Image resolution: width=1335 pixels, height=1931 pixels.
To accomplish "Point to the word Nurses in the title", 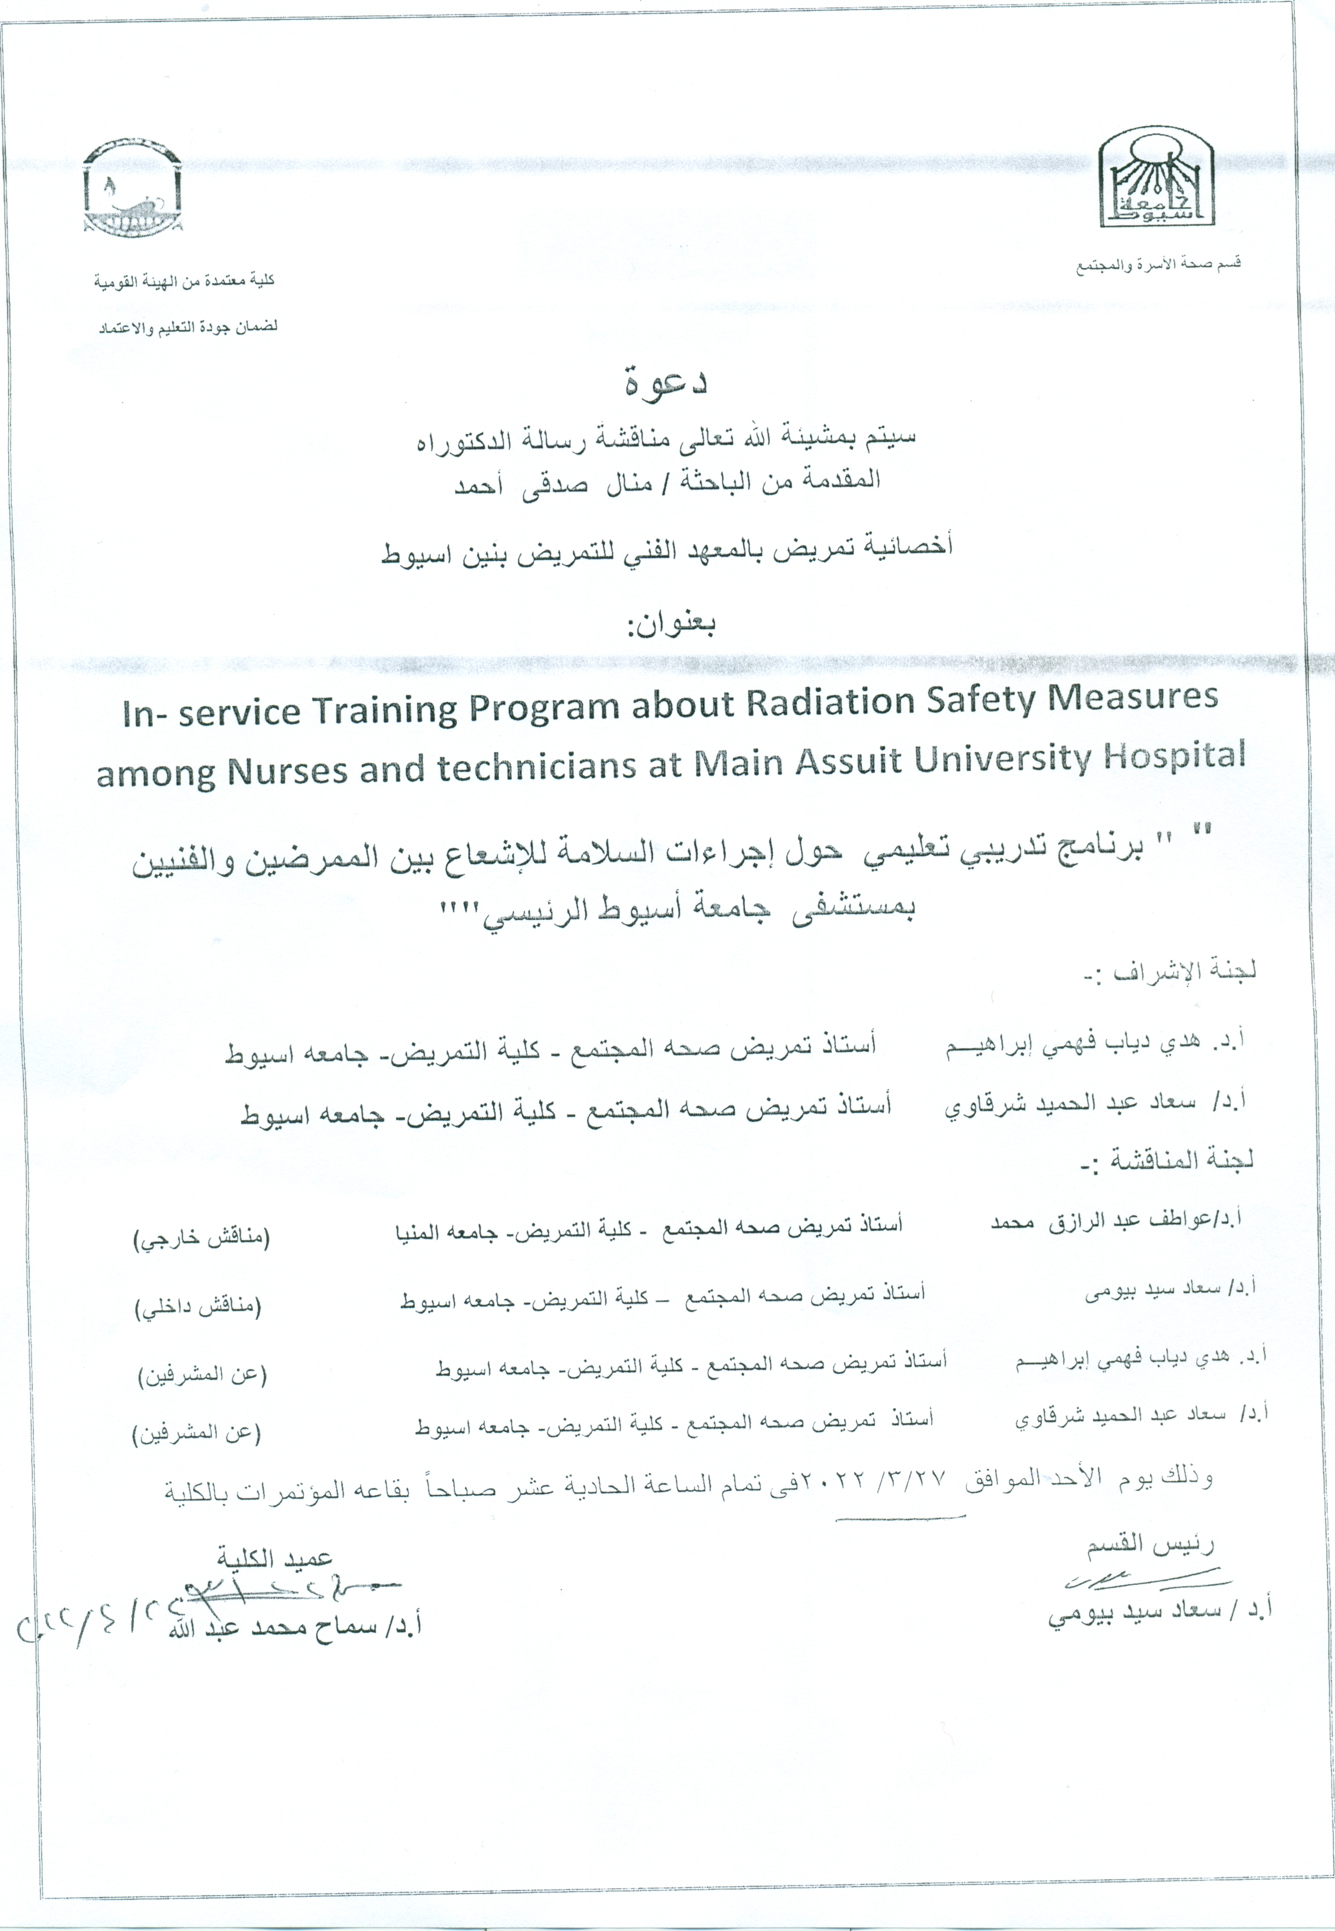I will click(x=288, y=770).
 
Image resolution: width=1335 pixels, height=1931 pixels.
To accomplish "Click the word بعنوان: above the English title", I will click(x=669, y=624).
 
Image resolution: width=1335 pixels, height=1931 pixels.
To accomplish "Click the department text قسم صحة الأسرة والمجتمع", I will click(x=1158, y=266).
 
